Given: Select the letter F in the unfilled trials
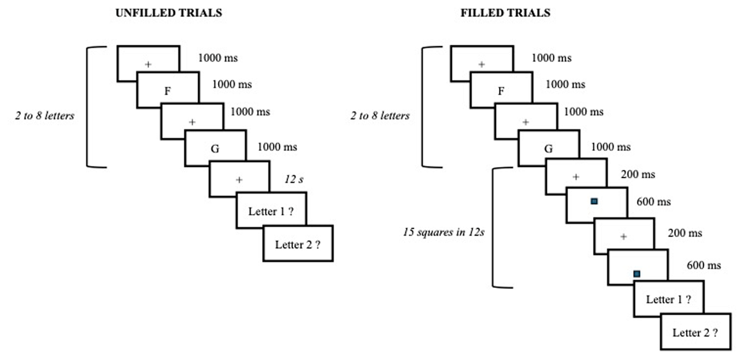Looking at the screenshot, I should (167, 91).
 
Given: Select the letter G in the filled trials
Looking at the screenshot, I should (548, 149).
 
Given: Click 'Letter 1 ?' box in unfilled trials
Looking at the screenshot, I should (271, 212).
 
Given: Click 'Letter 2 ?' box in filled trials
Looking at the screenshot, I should (695, 332).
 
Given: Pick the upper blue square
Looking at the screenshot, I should (594, 201).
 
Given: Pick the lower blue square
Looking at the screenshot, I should (636, 273).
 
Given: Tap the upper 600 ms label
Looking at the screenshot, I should (654, 202).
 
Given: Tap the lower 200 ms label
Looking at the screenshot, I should (685, 233).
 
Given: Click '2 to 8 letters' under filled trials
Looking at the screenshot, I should (380, 115).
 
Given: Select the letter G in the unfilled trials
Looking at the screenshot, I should (215, 148).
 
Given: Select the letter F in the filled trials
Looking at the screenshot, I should (501, 91).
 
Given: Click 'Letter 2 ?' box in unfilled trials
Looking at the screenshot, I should (298, 244).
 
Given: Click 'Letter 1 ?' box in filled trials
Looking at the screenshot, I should (669, 300).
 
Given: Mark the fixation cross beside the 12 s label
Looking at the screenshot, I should (239, 180).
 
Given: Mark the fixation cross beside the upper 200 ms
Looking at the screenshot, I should (576, 177).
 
